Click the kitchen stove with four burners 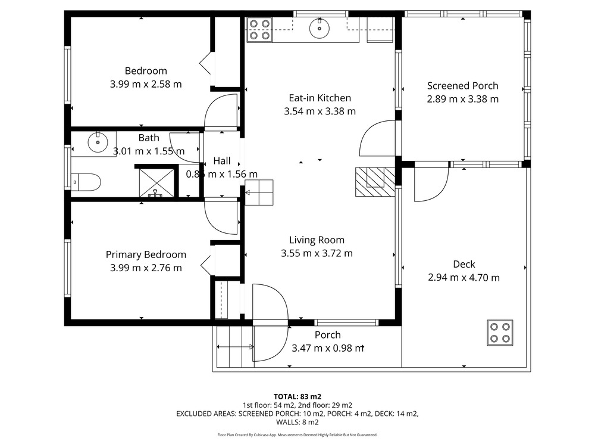[259, 30]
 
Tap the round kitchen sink [319, 28]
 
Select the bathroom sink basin [98, 142]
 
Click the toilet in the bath [86, 182]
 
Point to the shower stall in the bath [156, 183]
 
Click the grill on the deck [500, 333]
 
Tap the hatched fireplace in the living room [375, 182]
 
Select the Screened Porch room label [462, 86]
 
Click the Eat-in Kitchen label [320, 98]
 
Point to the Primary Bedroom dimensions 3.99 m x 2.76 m [146, 268]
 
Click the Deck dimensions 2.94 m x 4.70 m [464, 278]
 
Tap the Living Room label [317, 240]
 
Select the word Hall [222, 161]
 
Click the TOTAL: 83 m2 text [297, 397]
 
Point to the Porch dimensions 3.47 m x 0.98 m [328, 348]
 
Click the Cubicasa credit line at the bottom [297, 435]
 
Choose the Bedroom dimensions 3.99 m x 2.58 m [146, 85]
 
